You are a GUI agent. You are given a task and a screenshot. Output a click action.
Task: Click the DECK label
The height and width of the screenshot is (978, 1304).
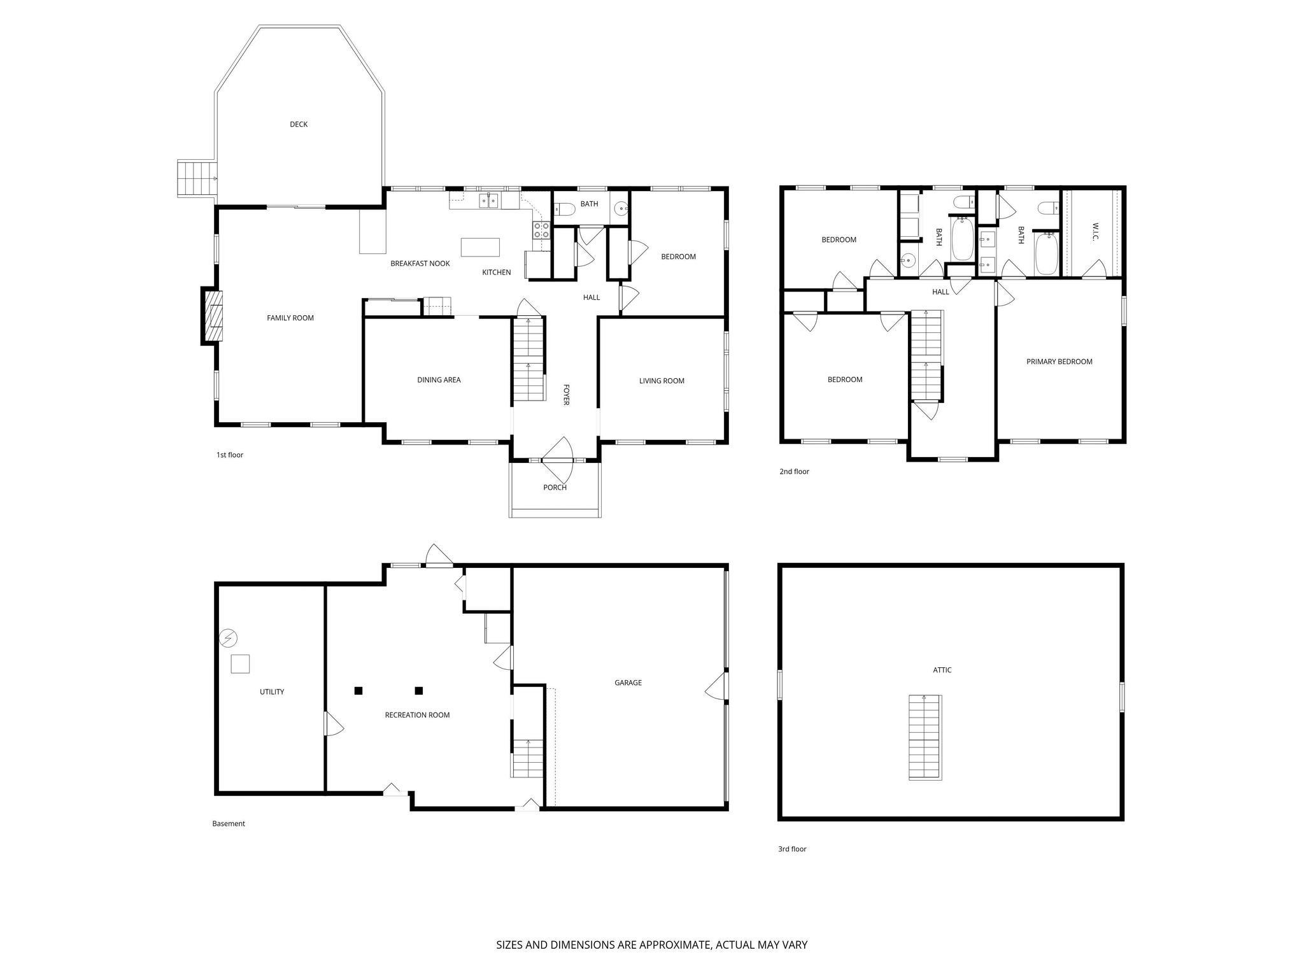point(299,124)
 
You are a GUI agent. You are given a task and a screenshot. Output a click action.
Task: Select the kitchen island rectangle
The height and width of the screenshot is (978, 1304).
point(480,247)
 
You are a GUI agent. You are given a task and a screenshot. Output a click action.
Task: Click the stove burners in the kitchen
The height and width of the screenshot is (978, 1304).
point(541,230)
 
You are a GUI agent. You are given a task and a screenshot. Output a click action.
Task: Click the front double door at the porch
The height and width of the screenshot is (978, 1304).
point(558,460)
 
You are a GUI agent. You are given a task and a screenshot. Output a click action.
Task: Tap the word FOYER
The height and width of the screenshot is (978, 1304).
point(565,394)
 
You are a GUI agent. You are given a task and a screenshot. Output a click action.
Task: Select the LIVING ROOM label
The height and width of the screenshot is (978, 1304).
point(662,381)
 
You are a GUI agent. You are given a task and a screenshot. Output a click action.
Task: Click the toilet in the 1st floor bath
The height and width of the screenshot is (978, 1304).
point(563,208)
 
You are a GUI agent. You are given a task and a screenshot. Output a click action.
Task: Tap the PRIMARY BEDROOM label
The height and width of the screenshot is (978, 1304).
point(1059,362)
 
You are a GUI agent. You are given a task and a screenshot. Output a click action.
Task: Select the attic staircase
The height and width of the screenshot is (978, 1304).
point(925,737)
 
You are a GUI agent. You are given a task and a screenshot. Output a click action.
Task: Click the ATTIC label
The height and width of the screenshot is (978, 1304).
point(942,670)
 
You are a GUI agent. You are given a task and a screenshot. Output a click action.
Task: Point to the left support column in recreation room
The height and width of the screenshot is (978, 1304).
point(358,690)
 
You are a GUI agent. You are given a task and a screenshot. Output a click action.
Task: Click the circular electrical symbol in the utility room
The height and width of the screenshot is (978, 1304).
point(228,637)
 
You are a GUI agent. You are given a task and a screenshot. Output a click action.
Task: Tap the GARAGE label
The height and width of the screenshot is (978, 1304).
point(628,683)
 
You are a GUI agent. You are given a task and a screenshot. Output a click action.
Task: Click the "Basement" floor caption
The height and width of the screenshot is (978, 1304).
point(229,823)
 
